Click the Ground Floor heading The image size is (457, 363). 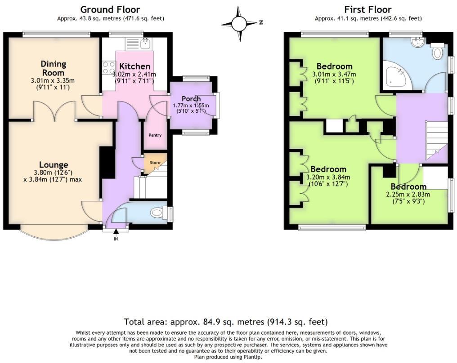(110, 9)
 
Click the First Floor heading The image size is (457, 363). (368, 9)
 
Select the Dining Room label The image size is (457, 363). (53, 68)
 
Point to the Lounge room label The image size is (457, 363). (53, 165)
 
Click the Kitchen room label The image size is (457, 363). (134, 66)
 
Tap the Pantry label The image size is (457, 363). (155, 135)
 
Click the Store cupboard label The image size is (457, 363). (155, 163)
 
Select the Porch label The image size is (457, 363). (191, 99)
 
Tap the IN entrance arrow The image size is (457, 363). (116, 232)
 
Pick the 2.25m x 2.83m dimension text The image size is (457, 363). (408, 195)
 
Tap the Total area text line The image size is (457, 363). (226, 322)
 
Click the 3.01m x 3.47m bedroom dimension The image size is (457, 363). (334, 74)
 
